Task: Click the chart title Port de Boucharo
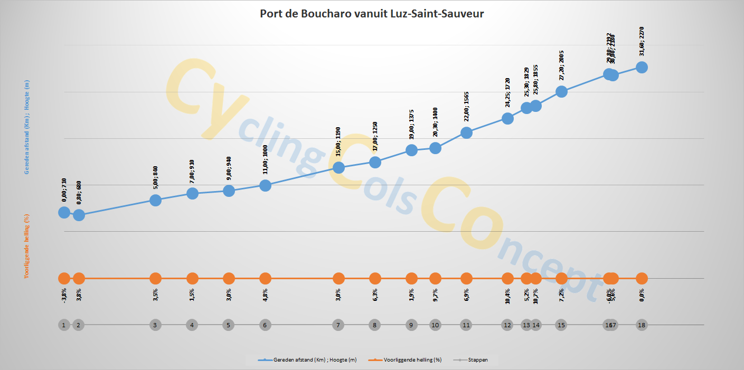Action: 372,14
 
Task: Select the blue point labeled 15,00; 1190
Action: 339,167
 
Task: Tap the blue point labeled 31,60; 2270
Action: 642,67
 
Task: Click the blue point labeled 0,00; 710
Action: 64,212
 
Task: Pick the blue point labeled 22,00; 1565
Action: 466,132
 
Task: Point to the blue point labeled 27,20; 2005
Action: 561,91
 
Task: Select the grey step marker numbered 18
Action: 642,325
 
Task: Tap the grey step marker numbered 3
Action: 155,325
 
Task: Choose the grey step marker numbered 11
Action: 466,325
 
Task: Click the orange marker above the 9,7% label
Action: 435,278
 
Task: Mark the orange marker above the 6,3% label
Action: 375,278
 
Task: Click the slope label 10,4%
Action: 507,294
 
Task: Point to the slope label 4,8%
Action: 266,294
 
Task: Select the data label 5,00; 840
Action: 155,178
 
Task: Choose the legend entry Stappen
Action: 476,360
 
